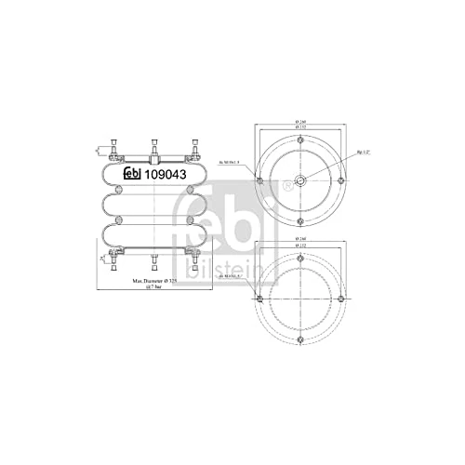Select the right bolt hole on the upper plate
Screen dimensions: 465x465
[343, 179]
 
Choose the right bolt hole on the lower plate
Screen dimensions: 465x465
[343, 299]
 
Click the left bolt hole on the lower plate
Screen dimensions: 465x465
[259, 299]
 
